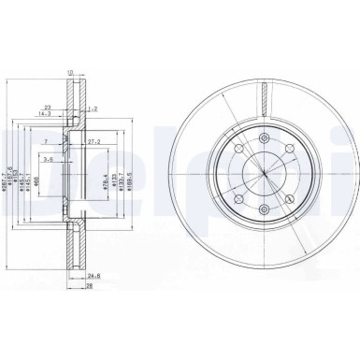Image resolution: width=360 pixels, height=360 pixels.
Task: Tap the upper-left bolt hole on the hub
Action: pyautogui.click(x=238, y=151)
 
